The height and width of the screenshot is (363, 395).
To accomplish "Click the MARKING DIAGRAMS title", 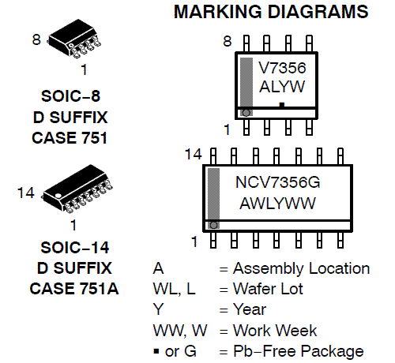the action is tap(271, 12).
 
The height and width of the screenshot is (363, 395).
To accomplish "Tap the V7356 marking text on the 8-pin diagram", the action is tap(282, 68).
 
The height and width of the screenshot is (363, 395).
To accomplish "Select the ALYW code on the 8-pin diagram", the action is tap(282, 86).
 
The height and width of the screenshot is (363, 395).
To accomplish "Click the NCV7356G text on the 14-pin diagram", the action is tap(277, 182).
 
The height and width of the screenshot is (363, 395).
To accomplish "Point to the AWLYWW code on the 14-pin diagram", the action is tap(277, 203).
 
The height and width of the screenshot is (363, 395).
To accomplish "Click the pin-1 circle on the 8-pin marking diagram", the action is tap(246, 113).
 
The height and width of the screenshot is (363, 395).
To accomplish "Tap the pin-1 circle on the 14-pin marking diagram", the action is tap(213, 226).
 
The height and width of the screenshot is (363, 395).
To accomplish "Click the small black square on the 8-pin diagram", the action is tap(282, 105).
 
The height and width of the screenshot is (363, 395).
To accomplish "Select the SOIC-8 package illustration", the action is tap(74, 39).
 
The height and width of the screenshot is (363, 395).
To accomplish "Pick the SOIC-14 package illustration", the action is tap(77, 189).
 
